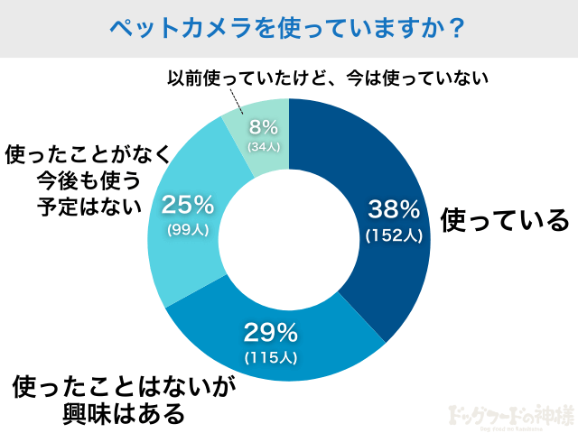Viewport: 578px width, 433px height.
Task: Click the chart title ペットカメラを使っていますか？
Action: pyautogui.click(x=288, y=28)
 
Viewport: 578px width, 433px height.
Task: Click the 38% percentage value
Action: pyautogui.click(x=394, y=210)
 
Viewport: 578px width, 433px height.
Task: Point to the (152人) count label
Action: pyautogui.click(x=394, y=235)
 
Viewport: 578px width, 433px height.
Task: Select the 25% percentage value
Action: pyautogui.click(x=188, y=205)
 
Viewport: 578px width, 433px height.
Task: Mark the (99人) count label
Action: pyautogui.click(x=188, y=230)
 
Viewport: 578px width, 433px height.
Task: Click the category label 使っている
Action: pyautogui.click(x=504, y=220)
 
